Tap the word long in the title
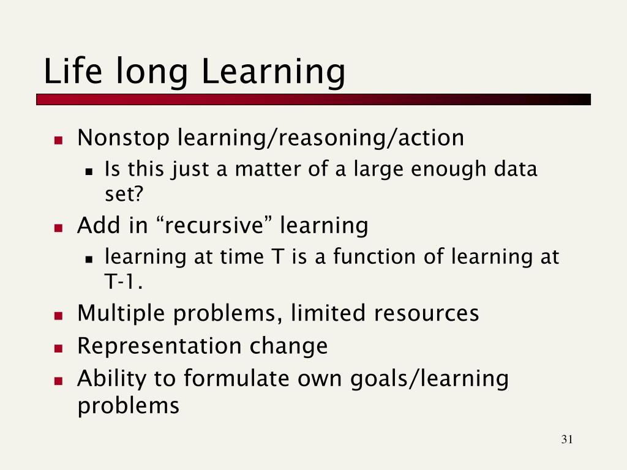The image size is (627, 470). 152,74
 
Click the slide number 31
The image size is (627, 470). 567,439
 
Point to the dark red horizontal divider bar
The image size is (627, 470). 313,100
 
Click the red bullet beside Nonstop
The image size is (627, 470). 59,140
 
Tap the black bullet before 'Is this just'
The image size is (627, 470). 89,172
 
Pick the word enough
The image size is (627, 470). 448,170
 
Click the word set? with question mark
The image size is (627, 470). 124,194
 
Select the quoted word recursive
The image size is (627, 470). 214,225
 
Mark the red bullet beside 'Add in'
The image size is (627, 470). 59,228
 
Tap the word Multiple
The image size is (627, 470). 121,314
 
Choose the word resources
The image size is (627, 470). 426,313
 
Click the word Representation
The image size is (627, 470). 159,346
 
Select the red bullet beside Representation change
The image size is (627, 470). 59,348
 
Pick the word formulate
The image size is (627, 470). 236,378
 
